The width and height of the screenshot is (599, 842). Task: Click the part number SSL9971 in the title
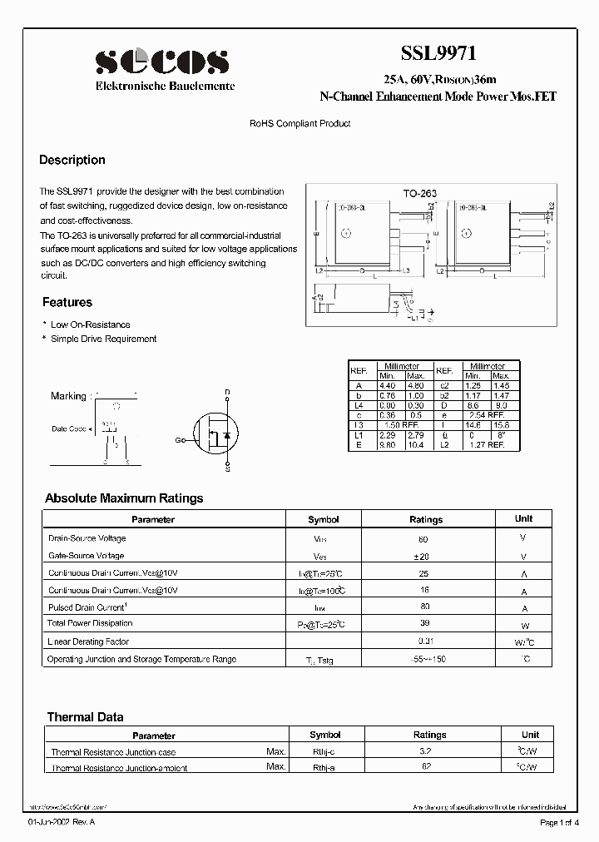click(438, 54)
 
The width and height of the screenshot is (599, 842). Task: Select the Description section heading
click(72, 160)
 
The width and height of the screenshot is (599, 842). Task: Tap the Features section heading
click(67, 302)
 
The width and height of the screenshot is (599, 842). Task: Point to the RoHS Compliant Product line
click(300, 123)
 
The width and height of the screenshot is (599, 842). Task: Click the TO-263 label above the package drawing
click(420, 193)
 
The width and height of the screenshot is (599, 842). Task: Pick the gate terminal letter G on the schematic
click(178, 439)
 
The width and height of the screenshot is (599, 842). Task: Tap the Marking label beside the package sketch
click(68, 396)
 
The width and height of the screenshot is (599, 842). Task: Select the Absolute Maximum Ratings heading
click(124, 498)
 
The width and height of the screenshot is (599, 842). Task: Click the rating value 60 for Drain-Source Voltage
click(425, 538)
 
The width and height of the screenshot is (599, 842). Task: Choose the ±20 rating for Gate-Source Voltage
click(425, 556)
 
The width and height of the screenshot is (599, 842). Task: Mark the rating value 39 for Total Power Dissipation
click(425, 624)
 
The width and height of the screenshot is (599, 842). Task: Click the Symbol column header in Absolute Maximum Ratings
click(324, 519)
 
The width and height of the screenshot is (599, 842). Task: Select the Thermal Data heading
click(85, 716)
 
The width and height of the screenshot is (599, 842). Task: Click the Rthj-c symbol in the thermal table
click(324, 751)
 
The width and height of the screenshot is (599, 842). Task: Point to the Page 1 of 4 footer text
click(564, 822)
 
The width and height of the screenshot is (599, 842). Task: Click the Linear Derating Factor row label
click(88, 641)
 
